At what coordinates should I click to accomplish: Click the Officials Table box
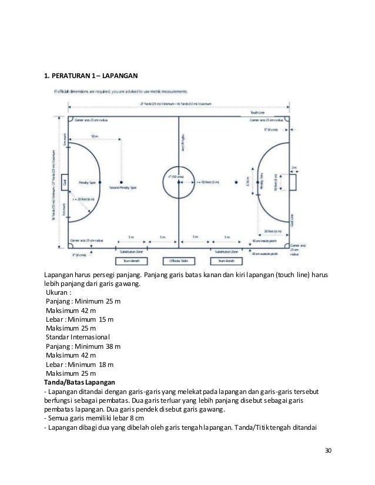tap(179, 260)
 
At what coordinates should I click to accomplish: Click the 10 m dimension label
tap(94, 136)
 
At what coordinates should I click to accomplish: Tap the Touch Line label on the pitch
tap(259, 112)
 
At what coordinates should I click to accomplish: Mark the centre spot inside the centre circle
tap(179, 182)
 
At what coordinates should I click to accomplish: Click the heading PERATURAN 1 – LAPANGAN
tap(91, 76)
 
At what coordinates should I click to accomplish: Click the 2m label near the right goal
tap(294, 166)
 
